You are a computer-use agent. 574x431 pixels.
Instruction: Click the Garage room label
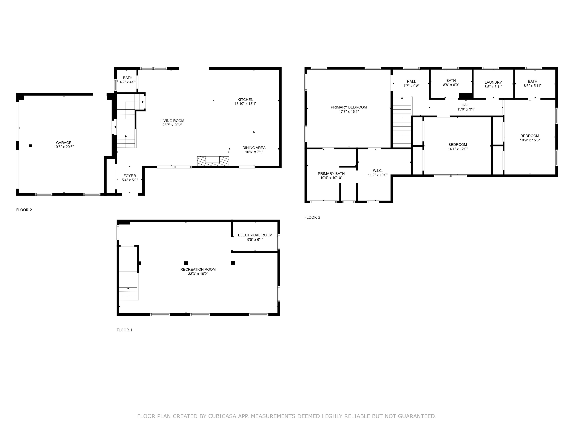point(64,143)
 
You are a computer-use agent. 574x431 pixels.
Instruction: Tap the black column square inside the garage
point(31,146)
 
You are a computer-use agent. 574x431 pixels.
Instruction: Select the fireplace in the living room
point(213,161)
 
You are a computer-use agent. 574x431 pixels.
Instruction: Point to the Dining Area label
point(254,148)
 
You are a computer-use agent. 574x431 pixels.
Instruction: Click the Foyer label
point(129,176)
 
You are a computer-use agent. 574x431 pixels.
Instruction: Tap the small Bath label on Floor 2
point(127,78)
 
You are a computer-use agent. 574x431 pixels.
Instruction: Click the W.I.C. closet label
point(378,171)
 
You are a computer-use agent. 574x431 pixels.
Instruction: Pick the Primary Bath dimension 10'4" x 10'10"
point(331,178)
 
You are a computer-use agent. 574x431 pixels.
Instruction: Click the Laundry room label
point(493,82)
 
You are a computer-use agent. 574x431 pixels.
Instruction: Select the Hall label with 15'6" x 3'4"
point(466,105)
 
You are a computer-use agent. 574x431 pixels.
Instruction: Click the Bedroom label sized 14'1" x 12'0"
point(457,145)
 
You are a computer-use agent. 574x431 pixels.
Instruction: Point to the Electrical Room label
point(255,235)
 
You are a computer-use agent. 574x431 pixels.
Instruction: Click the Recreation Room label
point(198,269)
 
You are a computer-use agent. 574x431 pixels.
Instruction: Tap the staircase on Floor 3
point(402,122)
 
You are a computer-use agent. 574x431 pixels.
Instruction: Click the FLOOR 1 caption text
point(124,330)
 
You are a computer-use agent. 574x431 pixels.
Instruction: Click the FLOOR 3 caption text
point(312,217)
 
